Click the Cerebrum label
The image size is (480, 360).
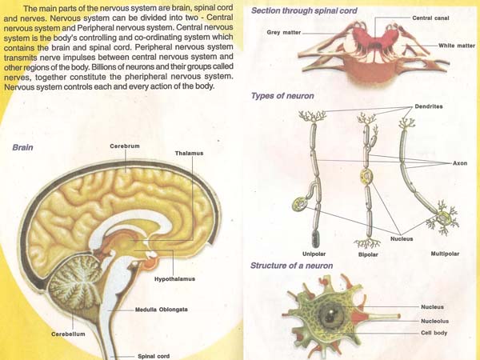pyautogui.click(x=126, y=145)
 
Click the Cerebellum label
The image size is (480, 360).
pyautogui.click(x=67, y=334)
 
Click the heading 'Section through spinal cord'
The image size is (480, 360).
pyautogui.click(x=304, y=10)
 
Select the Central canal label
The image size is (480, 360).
pyautogui.click(x=430, y=18)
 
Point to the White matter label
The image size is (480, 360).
pyautogui.click(x=455, y=46)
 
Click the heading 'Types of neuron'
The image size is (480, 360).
pyautogui.click(x=282, y=95)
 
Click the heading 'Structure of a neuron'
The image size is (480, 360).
pyautogui.click(x=292, y=265)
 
